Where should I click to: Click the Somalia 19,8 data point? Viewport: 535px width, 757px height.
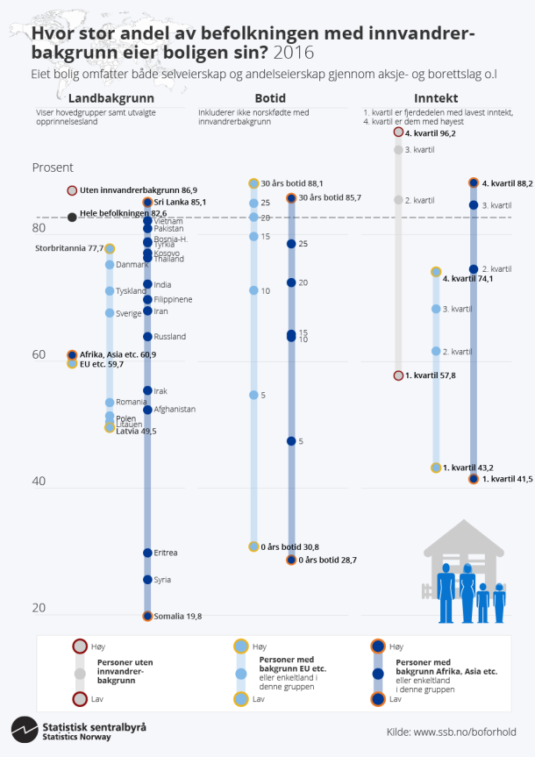[x=147, y=616]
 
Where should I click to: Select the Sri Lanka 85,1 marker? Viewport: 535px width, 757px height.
[x=147, y=203]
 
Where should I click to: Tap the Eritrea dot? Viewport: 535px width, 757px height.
[x=147, y=553]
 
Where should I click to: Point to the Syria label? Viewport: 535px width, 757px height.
[x=162, y=580]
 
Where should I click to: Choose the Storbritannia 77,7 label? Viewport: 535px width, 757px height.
[x=68, y=248]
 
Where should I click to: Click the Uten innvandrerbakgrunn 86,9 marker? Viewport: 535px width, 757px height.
[x=72, y=190]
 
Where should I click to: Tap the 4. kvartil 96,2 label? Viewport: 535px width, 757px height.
[x=431, y=133]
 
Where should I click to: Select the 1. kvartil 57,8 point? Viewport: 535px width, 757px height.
[x=398, y=375]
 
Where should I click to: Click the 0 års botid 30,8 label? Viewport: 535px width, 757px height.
[x=289, y=547]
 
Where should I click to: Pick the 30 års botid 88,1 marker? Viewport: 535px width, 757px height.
[x=253, y=183]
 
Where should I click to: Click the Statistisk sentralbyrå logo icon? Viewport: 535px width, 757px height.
[x=23, y=730]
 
